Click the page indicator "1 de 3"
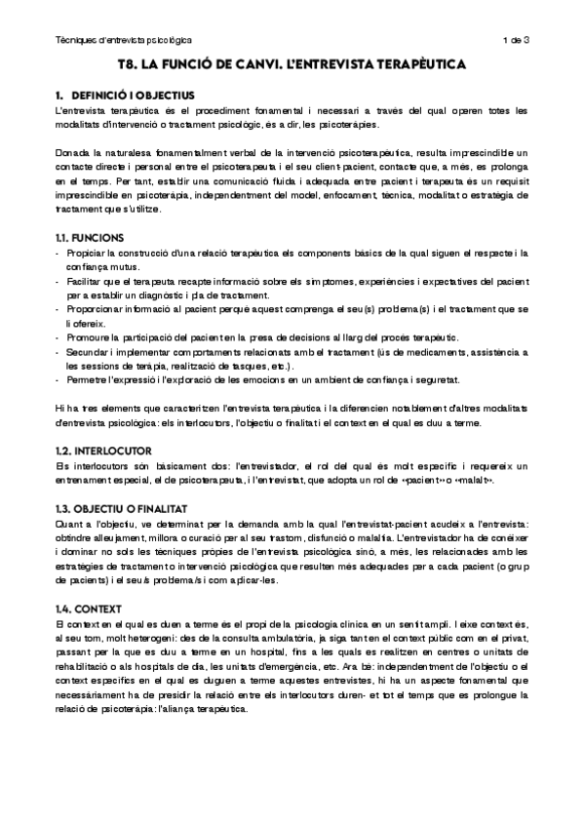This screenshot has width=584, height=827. [515, 40]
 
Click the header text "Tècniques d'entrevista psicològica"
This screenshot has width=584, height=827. [123, 40]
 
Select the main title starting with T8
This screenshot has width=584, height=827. [292, 65]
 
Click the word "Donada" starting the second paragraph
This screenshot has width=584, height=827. [73, 153]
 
